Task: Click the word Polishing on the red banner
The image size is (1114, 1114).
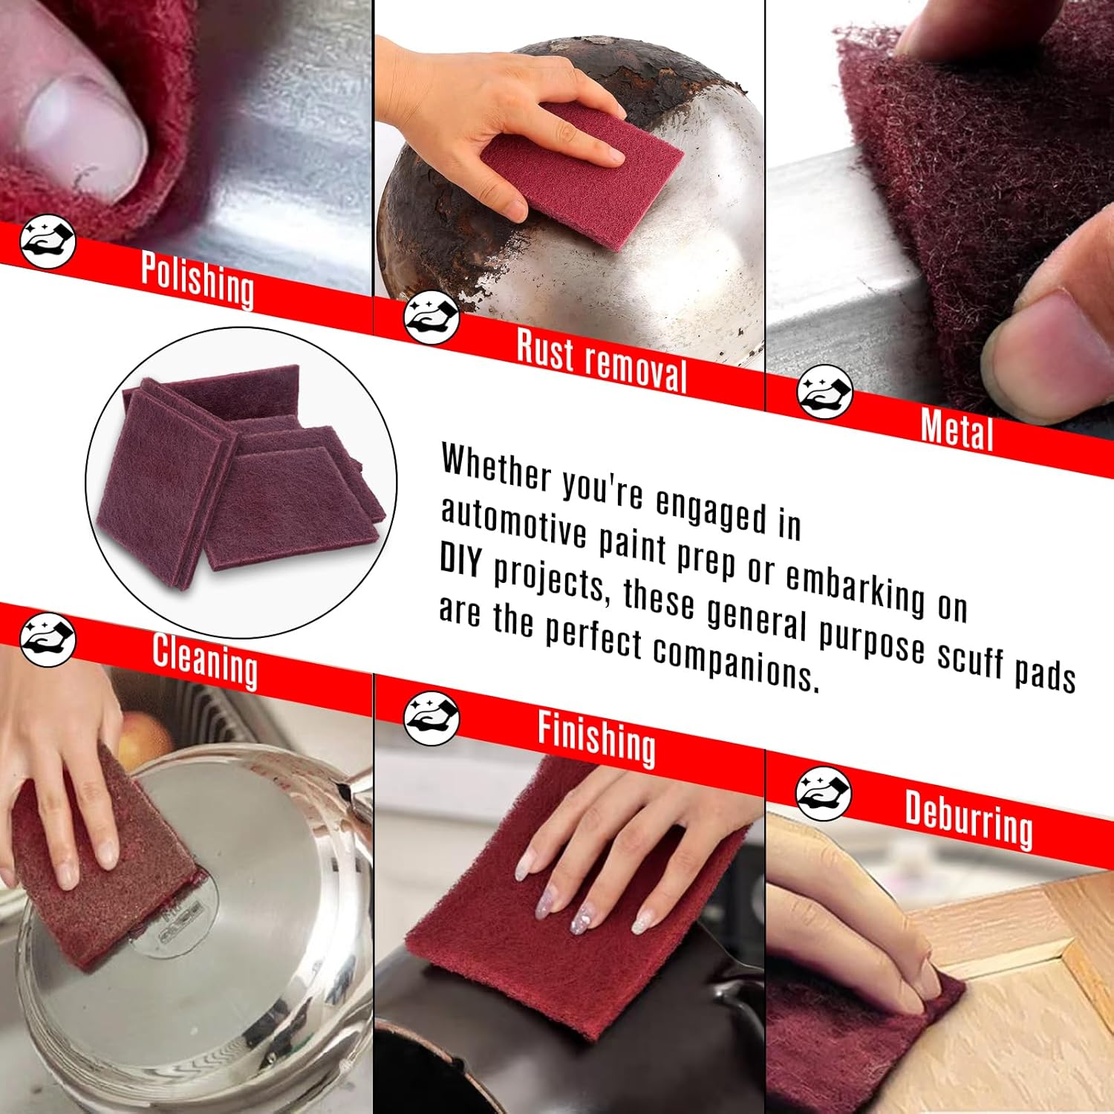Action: coord(198,280)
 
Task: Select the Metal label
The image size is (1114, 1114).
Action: coord(957,429)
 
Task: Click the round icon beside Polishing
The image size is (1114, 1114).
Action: coord(48,242)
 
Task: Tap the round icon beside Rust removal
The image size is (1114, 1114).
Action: coord(431,318)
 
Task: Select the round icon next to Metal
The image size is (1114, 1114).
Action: coord(824,391)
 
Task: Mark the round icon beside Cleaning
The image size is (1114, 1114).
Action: coord(48,639)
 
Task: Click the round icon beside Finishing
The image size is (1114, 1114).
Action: coord(431,719)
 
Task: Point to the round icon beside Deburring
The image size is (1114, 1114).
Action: coord(823,793)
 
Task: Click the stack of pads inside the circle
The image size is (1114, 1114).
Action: coord(238,475)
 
